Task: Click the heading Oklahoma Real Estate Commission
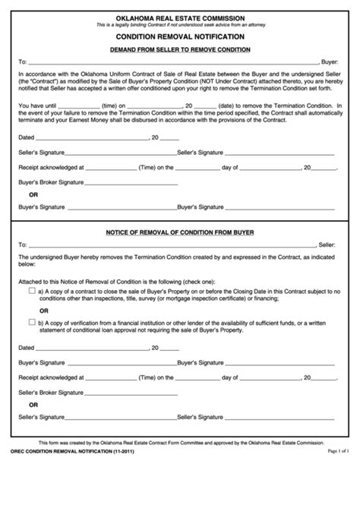coord(179,17)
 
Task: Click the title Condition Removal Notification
coord(179,36)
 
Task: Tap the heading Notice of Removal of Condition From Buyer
coord(179,231)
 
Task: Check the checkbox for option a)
coord(31,291)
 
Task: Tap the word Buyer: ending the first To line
coord(330,61)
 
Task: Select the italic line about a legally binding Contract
coord(179,25)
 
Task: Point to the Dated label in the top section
coord(27,137)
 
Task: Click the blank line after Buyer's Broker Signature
coord(130,184)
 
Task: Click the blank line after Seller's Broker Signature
coord(130,393)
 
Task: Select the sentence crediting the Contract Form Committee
coord(179,484)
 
